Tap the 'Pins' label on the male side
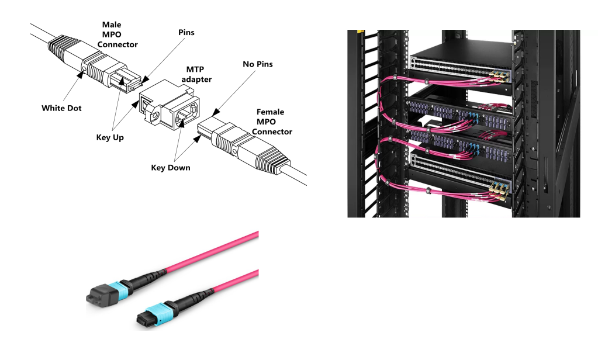186,33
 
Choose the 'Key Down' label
171,167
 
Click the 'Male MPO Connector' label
119,34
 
